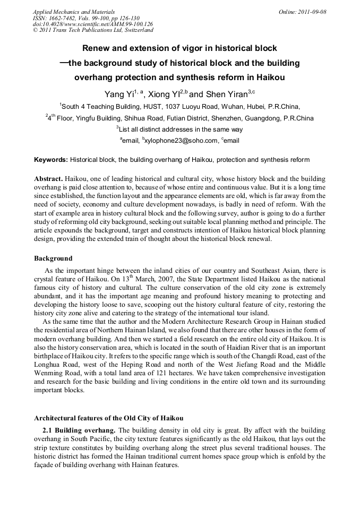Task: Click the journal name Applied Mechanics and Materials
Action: (x=74, y=11)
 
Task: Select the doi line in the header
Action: (x=93, y=24)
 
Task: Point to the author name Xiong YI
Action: (x=163, y=94)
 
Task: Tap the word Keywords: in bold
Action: (x=51, y=160)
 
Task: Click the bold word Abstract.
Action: (x=49, y=179)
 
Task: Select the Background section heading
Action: (x=53, y=258)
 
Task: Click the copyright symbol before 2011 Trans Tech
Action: (x=36, y=30)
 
